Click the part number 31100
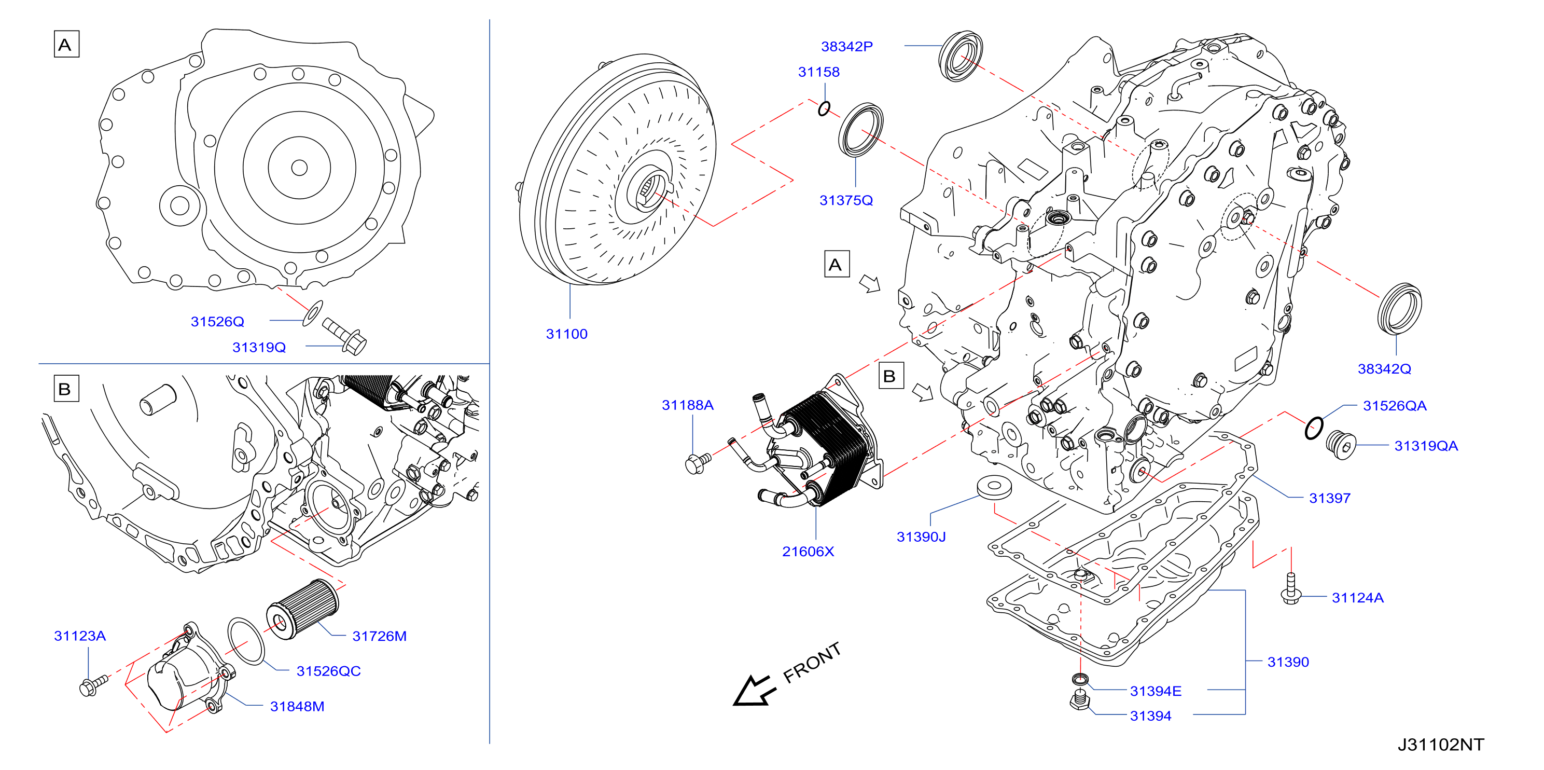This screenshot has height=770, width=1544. pyautogui.click(x=566, y=334)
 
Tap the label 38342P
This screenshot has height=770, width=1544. pyautogui.click(x=846, y=46)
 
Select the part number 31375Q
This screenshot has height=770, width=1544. pyautogui.click(x=846, y=200)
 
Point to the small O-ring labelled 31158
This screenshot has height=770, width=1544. pyautogui.click(x=824, y=108)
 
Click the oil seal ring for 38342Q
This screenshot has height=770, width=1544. pyautogui.click(x=1399, y=309)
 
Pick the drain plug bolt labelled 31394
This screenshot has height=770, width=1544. pyautogui.click(x=1079, y=700)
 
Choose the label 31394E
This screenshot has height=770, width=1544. pyautogui.click(x=1155, y=691)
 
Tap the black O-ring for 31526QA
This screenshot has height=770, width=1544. pyautogui.click(x=1314, y=428)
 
